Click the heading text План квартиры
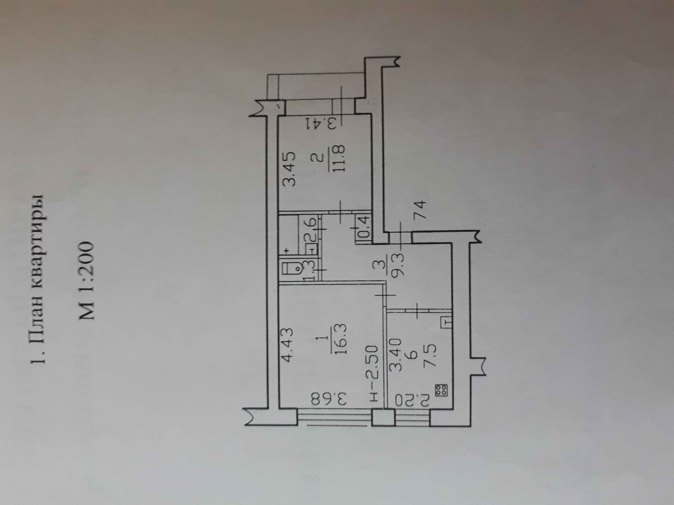pyautogui.click(x=39, y=279)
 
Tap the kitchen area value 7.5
pyautogui.click(x=430, y=355)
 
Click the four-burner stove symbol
pyautogui.click(x=441, y=390)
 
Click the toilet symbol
pyautogui.click(x=292, y=270)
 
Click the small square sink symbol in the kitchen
pyautogui.click(x=446, y=322)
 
